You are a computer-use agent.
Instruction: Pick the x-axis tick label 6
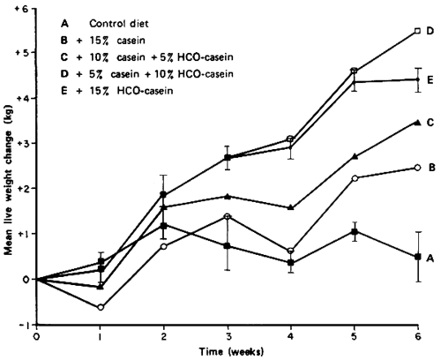tap(417, 336)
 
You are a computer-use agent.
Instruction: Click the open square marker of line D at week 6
tap(417, 31)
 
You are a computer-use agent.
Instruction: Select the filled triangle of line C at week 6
tap(417, 122)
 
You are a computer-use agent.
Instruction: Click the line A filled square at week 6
tap(417, 257)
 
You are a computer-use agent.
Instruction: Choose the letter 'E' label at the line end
tap(431, 79)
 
